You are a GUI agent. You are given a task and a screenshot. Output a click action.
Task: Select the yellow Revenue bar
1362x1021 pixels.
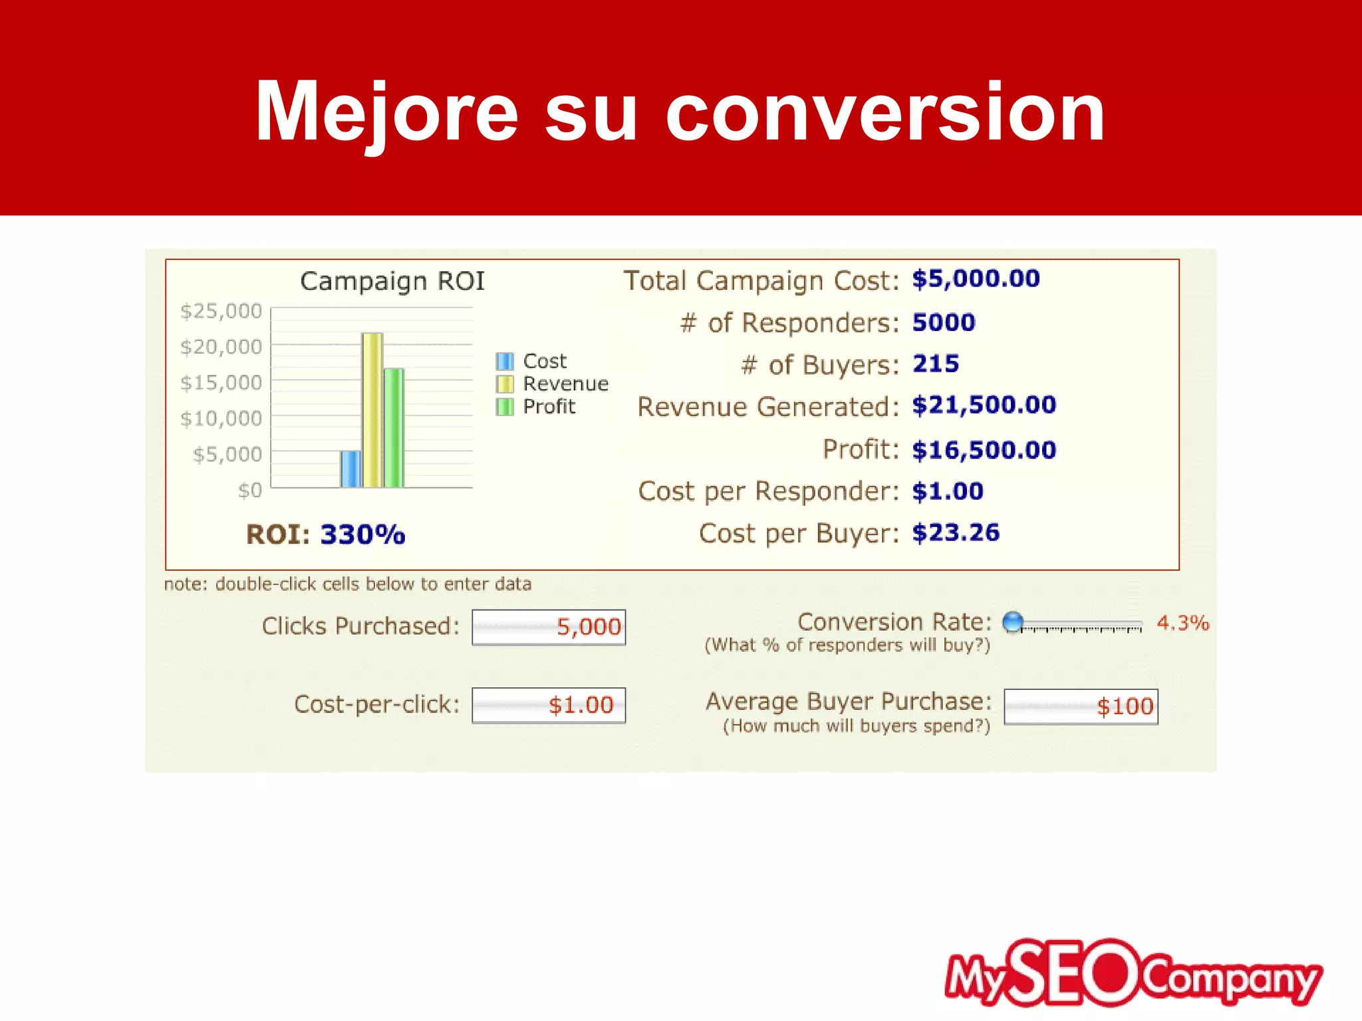coord(372,410)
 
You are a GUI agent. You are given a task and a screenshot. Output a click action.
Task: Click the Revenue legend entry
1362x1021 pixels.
coord(565,384)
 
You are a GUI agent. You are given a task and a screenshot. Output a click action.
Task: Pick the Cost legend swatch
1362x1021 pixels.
coord(505,361)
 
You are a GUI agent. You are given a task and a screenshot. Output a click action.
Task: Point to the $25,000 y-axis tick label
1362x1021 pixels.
coord(221,310)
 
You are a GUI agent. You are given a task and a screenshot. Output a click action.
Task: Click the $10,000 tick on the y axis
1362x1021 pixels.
coord(221,418)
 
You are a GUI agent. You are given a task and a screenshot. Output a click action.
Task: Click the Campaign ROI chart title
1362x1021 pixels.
coord(392,281)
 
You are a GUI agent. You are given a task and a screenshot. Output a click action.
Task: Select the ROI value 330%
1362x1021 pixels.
coord(362,534)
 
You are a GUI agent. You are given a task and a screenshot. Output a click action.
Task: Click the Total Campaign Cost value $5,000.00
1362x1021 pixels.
coord(976,279)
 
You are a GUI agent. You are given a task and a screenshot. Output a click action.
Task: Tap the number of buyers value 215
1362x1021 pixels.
coord(935,364)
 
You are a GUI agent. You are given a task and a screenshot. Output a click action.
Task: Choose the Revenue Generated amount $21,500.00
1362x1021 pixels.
coord(984,405)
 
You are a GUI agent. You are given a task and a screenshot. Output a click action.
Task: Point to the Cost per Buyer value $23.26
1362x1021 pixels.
coord(956,532)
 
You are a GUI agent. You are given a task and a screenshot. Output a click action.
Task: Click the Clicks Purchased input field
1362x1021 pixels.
coord(549,627)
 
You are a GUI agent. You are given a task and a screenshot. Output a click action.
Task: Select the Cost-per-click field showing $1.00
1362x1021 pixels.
coord(549,705)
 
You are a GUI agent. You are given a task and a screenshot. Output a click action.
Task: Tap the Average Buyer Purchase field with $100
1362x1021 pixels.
coord(1081,707)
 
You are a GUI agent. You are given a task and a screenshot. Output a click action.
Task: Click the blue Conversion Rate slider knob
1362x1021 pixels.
coord(1013,622)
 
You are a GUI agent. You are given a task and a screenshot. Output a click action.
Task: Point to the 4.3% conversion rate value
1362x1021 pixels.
coord(1182,623)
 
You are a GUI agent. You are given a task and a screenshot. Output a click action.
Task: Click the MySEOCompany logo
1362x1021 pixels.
coord(1133,973)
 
